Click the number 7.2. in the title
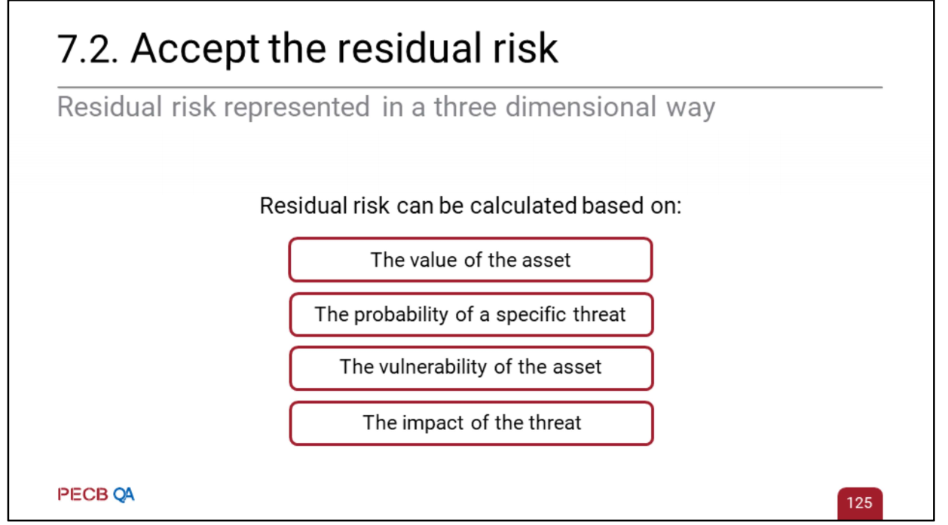click(x=87, y=49)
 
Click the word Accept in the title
click(x=195, y=50)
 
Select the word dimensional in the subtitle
click(x=581, y=106)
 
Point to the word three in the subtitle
click(x=465, y=106)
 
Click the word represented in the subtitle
click(x=297, y=108)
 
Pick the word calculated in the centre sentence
click(x=524, y=206)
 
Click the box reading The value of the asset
click(x=471, y=260)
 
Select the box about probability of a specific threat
click(x=472, y=315)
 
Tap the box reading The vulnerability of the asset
click(x=472, y=368)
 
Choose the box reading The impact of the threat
click(x=472, y=423)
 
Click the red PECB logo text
click(x=83, y=494)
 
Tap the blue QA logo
click(x=124, y=495)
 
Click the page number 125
click(x=860, y=502)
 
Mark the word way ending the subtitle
click(x=690, y=108)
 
